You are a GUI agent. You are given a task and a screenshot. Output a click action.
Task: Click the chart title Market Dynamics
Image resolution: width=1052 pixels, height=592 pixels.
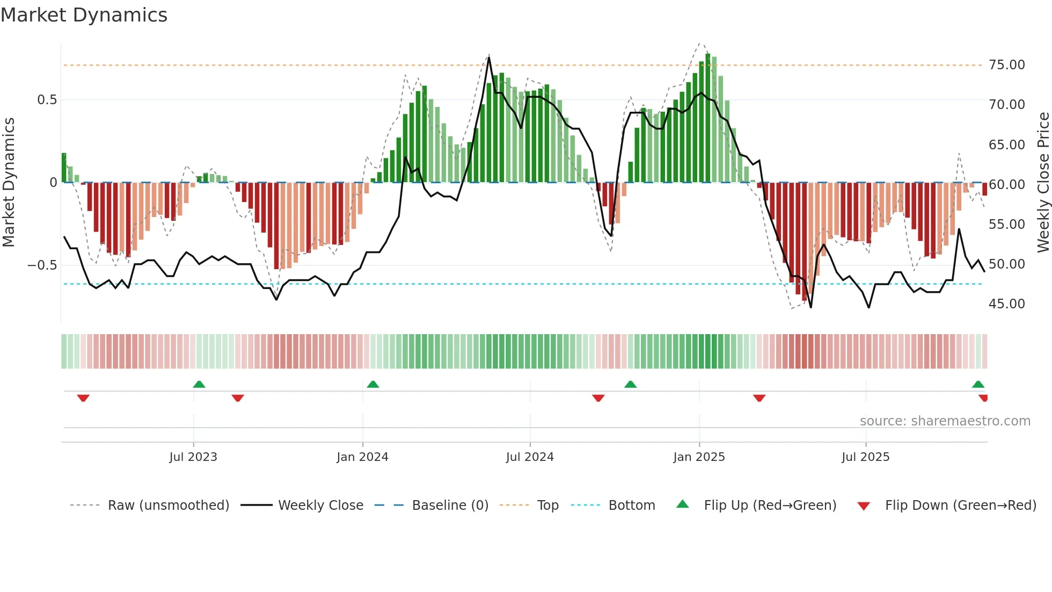(84, 15)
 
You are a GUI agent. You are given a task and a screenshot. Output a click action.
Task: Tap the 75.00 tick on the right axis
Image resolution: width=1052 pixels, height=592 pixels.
(1006, 65)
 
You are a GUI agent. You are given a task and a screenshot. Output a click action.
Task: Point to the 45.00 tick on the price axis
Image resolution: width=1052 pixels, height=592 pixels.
(1006, 304)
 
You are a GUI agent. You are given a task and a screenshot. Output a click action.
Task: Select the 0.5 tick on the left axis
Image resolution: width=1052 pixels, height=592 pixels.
(47, 100)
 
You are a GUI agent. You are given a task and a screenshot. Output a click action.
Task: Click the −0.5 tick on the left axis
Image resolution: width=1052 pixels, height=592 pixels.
(42, 265)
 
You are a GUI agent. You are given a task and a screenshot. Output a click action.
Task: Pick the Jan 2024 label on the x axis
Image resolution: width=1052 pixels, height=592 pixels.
(362, 457)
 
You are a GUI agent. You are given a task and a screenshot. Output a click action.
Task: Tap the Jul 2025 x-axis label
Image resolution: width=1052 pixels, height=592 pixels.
(865, 457)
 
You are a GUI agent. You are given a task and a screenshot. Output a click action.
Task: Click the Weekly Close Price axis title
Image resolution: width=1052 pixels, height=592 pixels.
(1043, 183)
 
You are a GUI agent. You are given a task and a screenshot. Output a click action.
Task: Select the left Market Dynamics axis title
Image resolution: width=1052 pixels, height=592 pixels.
(9, 183)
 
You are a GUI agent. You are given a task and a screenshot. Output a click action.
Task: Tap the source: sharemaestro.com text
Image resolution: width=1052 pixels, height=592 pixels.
(945, 421)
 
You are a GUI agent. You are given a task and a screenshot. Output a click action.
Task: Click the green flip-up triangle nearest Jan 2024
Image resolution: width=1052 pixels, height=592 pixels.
(373, 384)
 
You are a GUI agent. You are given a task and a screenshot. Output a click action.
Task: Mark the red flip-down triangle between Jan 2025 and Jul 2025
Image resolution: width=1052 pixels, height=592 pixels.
(759, 398)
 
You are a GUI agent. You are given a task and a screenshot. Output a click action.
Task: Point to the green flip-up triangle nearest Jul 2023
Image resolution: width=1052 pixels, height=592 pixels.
(199, 384)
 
